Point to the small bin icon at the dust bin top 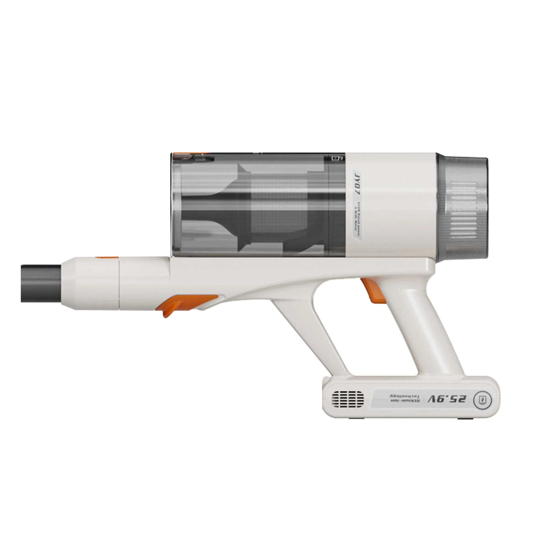pyautogui.click(x=335, y=158)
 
